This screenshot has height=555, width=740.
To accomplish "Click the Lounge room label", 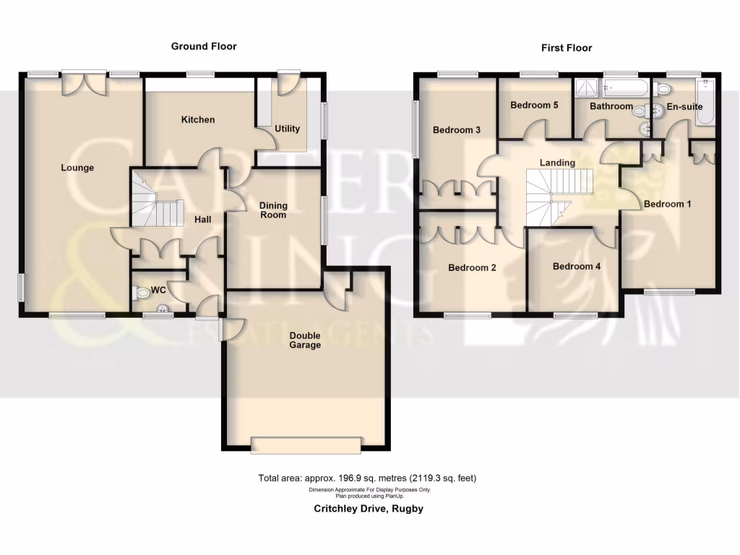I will point(77,168).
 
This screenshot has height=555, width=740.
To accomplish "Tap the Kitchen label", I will point(197,119).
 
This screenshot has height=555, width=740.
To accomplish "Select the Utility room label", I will point(287,129).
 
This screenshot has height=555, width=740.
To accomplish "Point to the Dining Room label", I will point(273,210).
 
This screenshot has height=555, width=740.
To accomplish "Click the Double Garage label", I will point(305,340).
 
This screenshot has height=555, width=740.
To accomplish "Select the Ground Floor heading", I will point(203,46).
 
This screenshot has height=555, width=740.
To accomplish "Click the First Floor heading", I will point(567,48).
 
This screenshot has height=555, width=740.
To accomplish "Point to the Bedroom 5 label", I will point(534,105).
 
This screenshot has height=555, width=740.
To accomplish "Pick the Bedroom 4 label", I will point(576,266).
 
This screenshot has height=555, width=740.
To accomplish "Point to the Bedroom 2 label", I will point(472,267).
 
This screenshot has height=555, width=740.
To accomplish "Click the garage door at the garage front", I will point(305,445).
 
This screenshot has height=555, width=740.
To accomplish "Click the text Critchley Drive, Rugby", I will point(368,509).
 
